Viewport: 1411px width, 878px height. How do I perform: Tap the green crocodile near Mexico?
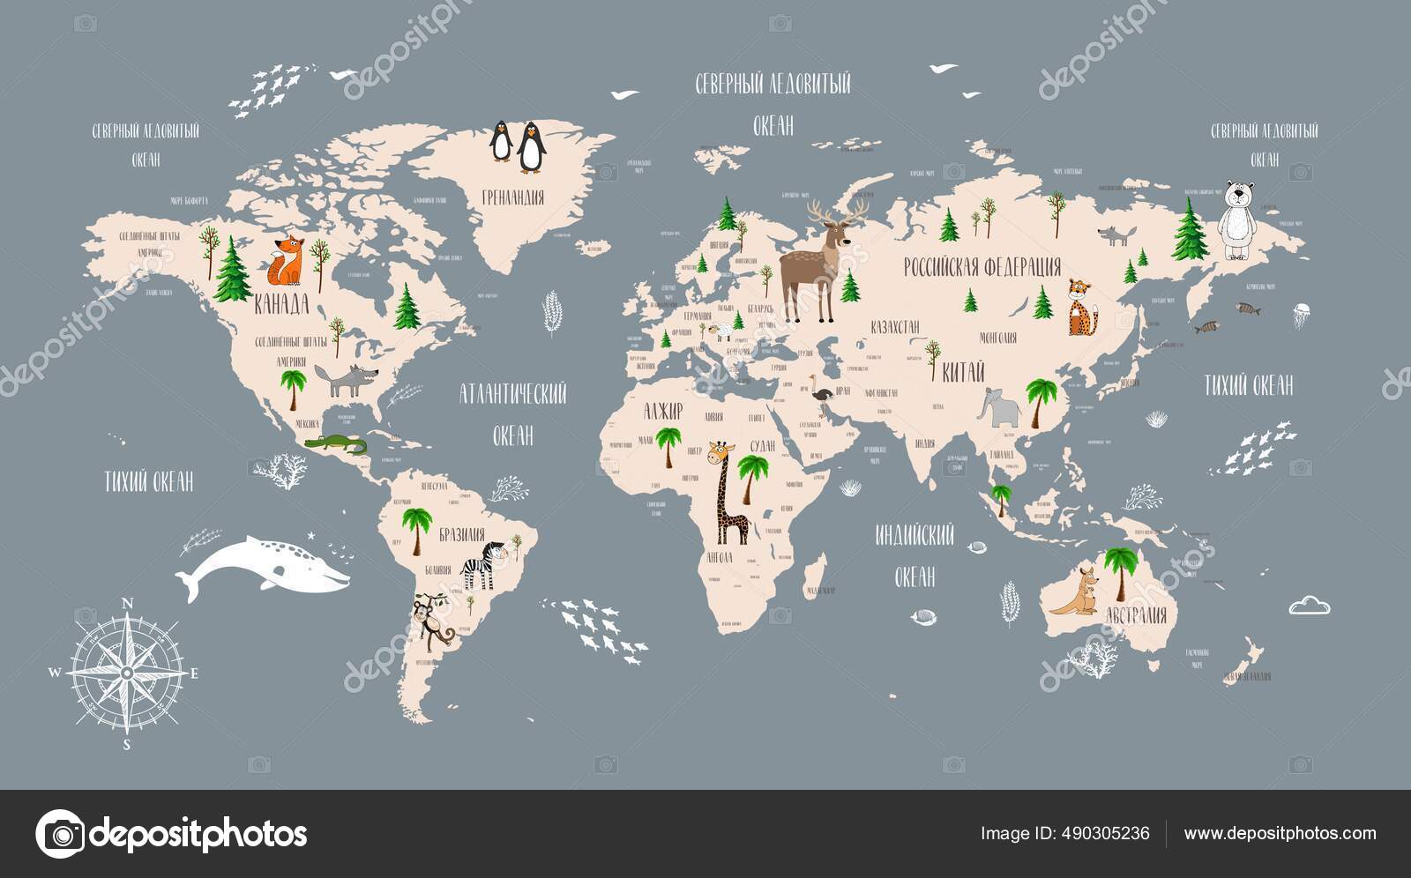coord(334,443)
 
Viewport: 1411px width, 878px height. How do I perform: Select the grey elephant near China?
coord(1000,407)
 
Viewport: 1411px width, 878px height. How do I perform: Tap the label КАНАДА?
coord(281,305)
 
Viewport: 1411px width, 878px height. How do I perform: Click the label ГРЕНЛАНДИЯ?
coord(512,197)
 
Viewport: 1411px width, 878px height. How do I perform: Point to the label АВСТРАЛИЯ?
coord(1137,615)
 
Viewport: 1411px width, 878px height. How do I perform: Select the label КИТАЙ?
coord(962,372)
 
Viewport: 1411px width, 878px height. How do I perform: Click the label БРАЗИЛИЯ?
coord(461,534)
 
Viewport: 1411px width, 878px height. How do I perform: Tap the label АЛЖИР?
coord(663,410)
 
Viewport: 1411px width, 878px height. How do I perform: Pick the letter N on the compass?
coord(126,603)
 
